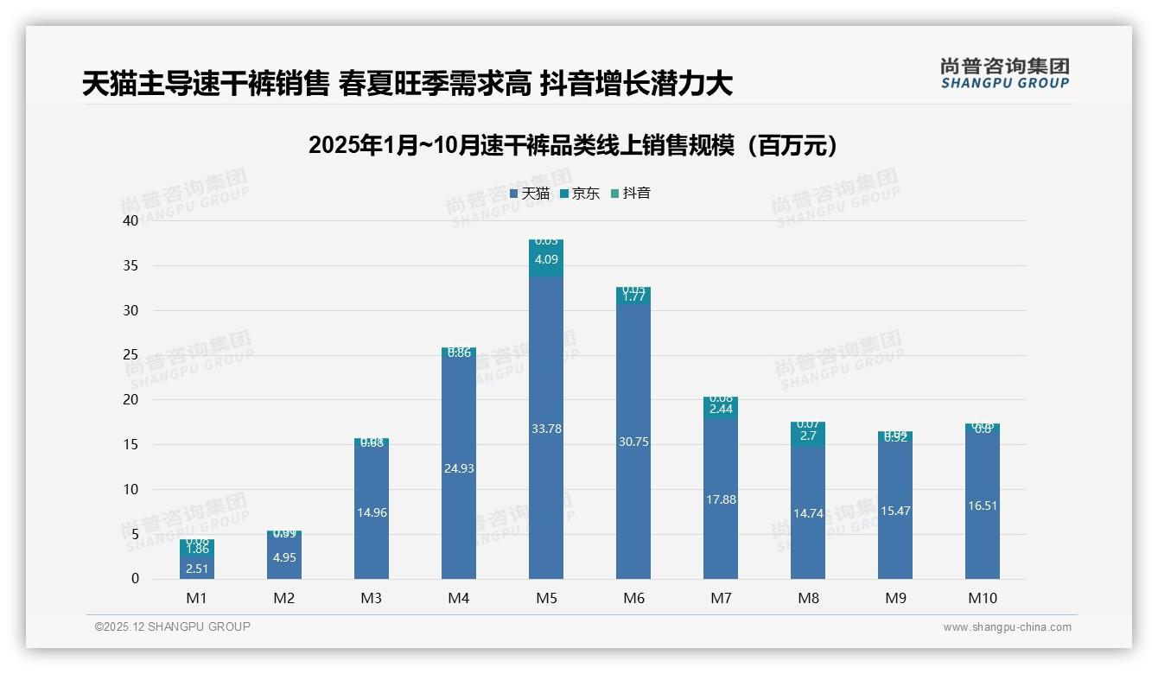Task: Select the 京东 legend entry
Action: pos(580,194)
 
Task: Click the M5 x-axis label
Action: pos(545,598)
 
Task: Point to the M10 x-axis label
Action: pos(983,598)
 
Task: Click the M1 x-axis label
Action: pos(196,598)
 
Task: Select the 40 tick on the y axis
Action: pos(130,220)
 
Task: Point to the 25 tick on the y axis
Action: pos(130,355)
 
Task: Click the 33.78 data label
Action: pos(545,429)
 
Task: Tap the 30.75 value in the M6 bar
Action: pos(633,442)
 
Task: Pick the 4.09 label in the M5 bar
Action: pos(545,259)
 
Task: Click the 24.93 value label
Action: pos(458,468)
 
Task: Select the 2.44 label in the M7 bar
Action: pos(720,410)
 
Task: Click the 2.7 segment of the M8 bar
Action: pos(808,436)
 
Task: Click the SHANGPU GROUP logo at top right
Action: pos(1004,73)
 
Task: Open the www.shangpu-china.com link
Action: pos(1007,627)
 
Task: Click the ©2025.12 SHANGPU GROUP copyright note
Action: pos(173,627)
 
